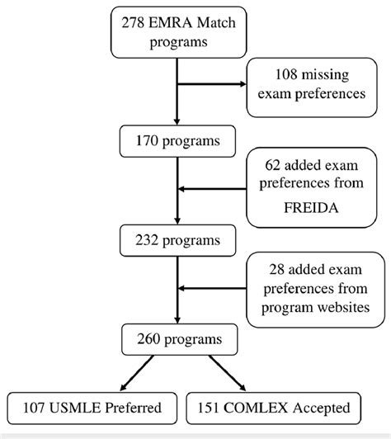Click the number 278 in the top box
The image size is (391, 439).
point(133,22)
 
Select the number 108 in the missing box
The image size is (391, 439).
point(286,74)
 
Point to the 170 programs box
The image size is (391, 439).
point(177,141)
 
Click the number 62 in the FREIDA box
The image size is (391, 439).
point(272,165)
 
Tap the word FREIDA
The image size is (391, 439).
point(311,208)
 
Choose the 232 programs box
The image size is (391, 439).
point(177,240)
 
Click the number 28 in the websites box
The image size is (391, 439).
point(277,269)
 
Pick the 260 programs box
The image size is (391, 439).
point(179,339)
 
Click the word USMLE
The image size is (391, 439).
point(75,408)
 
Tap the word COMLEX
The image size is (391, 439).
point(256,408)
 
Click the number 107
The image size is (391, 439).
point(34,408)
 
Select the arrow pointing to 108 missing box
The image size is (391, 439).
point(212,84)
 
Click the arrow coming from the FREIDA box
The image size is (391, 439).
point(212,189)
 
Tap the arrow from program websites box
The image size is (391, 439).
point(212,288)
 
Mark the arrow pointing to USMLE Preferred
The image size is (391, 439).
point(137,373)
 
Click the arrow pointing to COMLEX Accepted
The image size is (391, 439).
point(228,373)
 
